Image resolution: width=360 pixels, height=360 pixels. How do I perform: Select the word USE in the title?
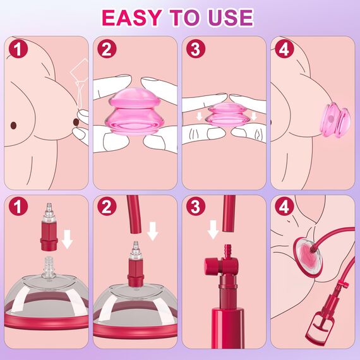pyautogui.click(x=231, y=18)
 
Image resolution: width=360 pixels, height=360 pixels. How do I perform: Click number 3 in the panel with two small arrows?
pyautogui.click(x=195, y=49)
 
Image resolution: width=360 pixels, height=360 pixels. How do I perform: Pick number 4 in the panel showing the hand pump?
pyautogui.click(x=284, y=207)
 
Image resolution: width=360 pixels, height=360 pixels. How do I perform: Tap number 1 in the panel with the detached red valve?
pyautogui.click(x=18, y=207)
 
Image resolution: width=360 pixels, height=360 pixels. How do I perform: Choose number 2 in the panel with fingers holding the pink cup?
pyautogui.click(x=107, y=49)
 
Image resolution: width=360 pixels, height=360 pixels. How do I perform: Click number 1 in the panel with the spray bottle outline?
pyautogui.click(x=18, y=49)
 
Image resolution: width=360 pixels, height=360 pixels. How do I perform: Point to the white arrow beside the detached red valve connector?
pyautogui.click(x=68, y=239)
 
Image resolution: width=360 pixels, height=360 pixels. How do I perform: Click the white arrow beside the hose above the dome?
pyautogui.click(x=153, y=231)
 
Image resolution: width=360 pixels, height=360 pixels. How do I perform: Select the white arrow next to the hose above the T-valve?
pyautogui.click(x=213, y=229)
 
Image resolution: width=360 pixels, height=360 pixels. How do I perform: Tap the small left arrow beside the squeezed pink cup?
pyautogui.click(x=199, y=116)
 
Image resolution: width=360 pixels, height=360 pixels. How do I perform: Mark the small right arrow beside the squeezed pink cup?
pyautogui.click(x=254, y=116)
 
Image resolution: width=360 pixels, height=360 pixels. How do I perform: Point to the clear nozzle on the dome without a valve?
pyautogui.click(x=47, y=268)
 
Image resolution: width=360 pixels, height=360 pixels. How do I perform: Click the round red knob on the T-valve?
pyautogui.click(x=210, y=265)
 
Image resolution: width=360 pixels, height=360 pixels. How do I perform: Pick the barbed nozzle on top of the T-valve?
pyautogui.click(x=227, y=251)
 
